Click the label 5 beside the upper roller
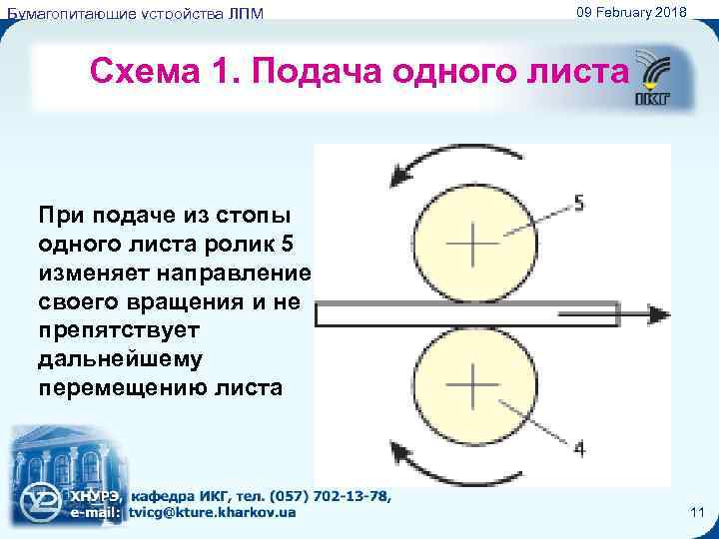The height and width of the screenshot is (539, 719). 580,204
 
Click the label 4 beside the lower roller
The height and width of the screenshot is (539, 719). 579,448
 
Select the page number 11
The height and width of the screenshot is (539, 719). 697,512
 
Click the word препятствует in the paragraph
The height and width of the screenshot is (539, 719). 120,329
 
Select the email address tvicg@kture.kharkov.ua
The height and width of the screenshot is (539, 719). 212,513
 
